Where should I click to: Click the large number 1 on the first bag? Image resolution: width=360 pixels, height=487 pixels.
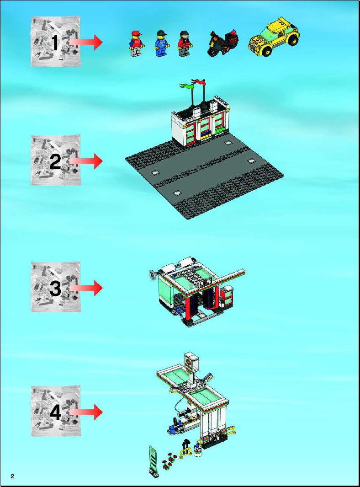point(55,42)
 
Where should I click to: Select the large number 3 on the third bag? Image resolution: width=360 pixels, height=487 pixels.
point(55,288)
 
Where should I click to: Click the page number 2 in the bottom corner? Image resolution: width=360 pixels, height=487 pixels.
point(12,476)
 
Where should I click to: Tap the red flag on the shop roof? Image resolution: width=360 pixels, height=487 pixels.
point(199,82)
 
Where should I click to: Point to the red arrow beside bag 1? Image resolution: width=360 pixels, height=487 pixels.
point(85,42)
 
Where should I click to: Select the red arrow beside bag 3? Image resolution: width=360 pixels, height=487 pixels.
point(85,288)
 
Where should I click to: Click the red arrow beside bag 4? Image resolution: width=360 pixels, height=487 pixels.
point(85,412)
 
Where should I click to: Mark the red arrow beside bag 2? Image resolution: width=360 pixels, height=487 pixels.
point(85,161)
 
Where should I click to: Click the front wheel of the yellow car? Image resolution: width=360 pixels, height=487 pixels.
point(267,52)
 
